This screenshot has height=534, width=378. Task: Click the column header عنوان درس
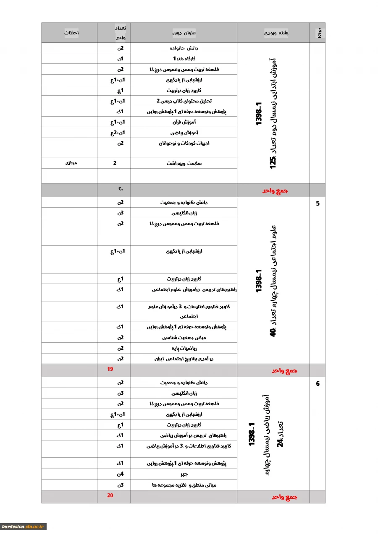pos(184,33)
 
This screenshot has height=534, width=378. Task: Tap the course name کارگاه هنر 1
pos(184,59)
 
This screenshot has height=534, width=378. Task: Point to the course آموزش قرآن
pos(184,122)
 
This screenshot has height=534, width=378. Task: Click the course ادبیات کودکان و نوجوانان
pos(184,143)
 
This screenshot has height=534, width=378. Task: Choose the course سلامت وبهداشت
pos(184,163)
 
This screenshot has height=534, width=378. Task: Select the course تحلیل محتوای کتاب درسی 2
pos(184,101)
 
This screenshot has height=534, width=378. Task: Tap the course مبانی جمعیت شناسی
pos(184,338)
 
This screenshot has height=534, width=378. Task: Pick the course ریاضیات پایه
pos(184,348)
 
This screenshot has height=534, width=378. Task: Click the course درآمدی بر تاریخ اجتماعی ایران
pos(184,359)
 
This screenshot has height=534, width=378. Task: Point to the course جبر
pos(184,474)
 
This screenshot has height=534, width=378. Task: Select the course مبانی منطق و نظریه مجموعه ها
pos(184,485)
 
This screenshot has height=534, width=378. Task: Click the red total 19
pos(110,370)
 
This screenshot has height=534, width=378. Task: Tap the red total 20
pos(110,495)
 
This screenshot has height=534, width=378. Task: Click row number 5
pos(318,204)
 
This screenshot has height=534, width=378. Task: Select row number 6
pos(318,383)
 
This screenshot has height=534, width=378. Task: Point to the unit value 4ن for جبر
pos(120,474)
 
